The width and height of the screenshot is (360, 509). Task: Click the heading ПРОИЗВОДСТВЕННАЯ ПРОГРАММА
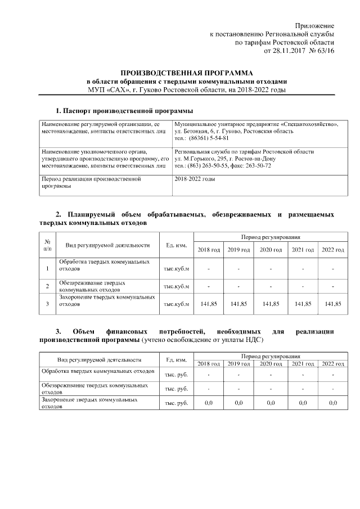pyautogui.click(x=187, y=73)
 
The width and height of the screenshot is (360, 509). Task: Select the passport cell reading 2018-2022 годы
pyautogui.click(x=195, y=179)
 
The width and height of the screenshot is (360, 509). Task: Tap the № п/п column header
pyautogui.click(x=47, y=245)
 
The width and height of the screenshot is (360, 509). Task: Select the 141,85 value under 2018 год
pyautogui.click(x=208, y=304)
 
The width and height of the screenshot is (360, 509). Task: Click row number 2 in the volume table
pyautogui.click(x=47, y=286)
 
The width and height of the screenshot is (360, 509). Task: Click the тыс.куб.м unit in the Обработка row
pyautogui.click(x=176, y=269)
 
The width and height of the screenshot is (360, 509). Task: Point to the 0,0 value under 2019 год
pyautogui.click(x=238, y=403)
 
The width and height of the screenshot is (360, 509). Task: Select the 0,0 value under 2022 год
pyautogui.click(x=332, y=403)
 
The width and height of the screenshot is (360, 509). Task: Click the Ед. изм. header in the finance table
pyautogui.click(x=176, y=359)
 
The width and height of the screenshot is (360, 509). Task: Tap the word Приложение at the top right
pyautogui.click(x=315, y=26)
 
